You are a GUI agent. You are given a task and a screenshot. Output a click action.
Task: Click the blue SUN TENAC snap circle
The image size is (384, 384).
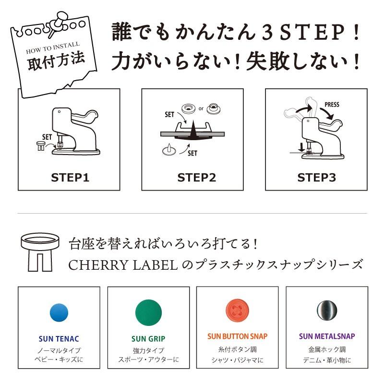click(59, 312)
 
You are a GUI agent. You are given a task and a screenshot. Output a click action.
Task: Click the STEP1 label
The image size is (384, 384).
click(70, 178)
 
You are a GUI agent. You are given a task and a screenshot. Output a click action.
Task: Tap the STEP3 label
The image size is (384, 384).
click(316, 178)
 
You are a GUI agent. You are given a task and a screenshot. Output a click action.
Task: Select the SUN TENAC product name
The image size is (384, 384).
click(59, 338)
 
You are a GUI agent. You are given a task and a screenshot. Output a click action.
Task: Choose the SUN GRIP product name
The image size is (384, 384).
click(148, 338)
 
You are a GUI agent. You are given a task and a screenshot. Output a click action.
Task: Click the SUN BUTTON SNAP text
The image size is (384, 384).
click(238, 336)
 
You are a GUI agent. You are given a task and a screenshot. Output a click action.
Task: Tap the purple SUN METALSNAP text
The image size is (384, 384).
click(327, 336)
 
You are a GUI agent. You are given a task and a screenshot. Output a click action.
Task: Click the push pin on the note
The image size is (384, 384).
click(57, 21)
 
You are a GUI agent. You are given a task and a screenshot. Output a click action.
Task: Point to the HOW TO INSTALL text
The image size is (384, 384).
click(50, 49)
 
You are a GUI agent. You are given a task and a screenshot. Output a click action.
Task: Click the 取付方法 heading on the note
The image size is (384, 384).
click(50, 62)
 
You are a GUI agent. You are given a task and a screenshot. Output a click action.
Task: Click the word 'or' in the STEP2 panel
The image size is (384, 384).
click(201, 108)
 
